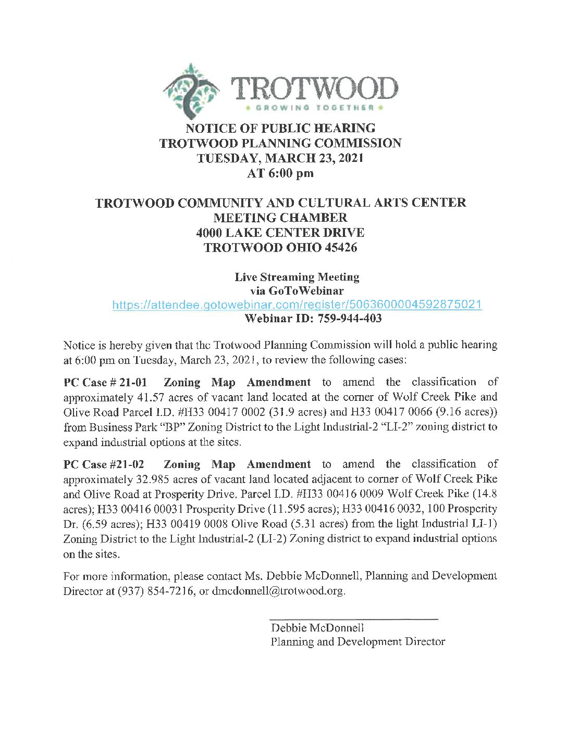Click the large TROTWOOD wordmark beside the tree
click(x=314, y=89)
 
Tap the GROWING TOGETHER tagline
click(x=314, y=108)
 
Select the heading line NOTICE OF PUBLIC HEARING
click(x=280, y=128)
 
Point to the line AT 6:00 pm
click(x=280, y=173)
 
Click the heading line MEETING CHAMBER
click(x=280, y=218)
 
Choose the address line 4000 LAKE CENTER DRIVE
click(x=280, y=233)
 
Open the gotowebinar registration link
click(x=297, y=305)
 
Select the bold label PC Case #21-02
click(x=104, y=464)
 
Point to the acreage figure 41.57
click(x=150, y=397)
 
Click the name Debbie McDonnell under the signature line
click(x=317, y=628)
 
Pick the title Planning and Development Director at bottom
click(x=358, y=642)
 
